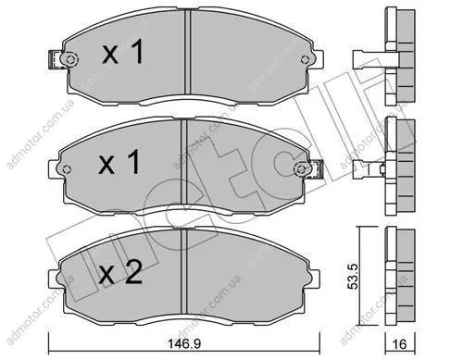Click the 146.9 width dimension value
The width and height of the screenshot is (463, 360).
tap(183, 343)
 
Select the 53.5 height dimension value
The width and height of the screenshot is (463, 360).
tap(353, 277)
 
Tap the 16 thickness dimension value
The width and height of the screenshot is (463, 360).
tap(400, 343)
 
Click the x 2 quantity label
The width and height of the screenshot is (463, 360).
tap(120, 272)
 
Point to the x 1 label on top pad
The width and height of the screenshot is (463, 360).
tap(123, 53)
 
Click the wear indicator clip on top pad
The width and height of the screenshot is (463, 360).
tap(55, 59)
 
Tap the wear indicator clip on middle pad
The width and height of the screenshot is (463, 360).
tap(317, 169)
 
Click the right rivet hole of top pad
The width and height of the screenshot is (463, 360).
tap(305, 59)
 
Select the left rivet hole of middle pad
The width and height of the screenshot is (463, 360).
tap(67, 169)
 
